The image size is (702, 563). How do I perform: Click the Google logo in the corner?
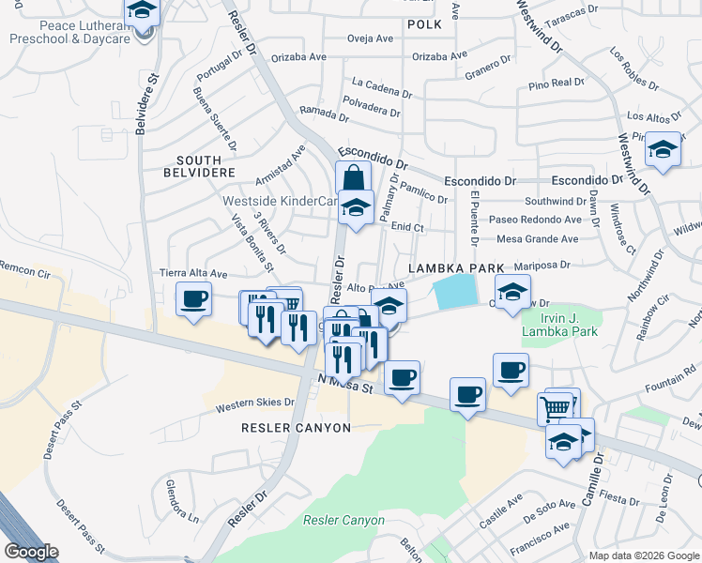point(31,552)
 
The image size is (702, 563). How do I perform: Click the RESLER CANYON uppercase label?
point(296,428)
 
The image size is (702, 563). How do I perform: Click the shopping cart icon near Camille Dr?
point(556,407)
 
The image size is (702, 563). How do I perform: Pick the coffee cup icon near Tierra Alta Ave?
point(194,300)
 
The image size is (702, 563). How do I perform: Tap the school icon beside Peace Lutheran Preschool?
point(143,11)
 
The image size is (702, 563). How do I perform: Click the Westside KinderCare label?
point(280,201)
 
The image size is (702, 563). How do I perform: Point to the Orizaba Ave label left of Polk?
point(298,56)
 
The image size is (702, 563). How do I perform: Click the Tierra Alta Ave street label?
point(193,273)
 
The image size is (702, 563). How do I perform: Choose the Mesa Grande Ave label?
point(537,239)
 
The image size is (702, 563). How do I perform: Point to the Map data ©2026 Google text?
point(643,555)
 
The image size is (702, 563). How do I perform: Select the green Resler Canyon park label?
point(343,520)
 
